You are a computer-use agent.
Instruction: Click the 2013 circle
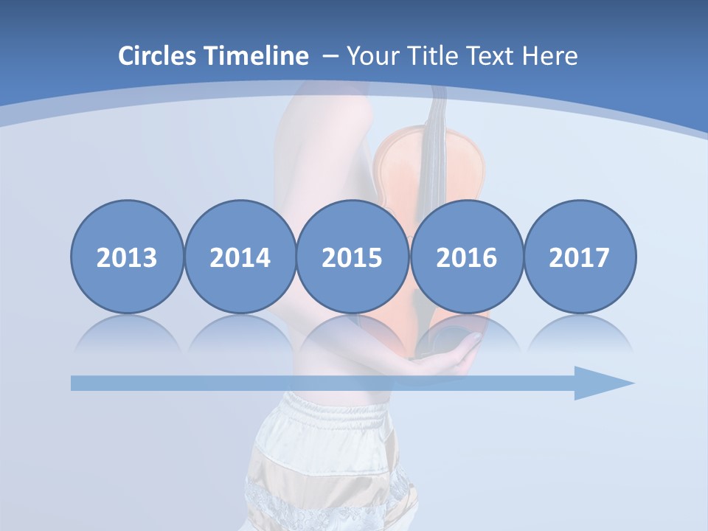coord(127,257)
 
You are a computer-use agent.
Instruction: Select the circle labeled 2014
coord(240,257)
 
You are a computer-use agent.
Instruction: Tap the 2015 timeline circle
coord(353,257)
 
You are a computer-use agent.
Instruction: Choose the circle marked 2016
coord(466,257)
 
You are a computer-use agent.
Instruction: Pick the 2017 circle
coord(579,257)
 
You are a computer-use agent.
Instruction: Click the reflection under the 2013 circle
coord(127,332)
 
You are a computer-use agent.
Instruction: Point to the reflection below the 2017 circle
coord(579,332)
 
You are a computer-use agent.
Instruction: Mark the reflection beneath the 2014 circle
coord(240,332)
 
